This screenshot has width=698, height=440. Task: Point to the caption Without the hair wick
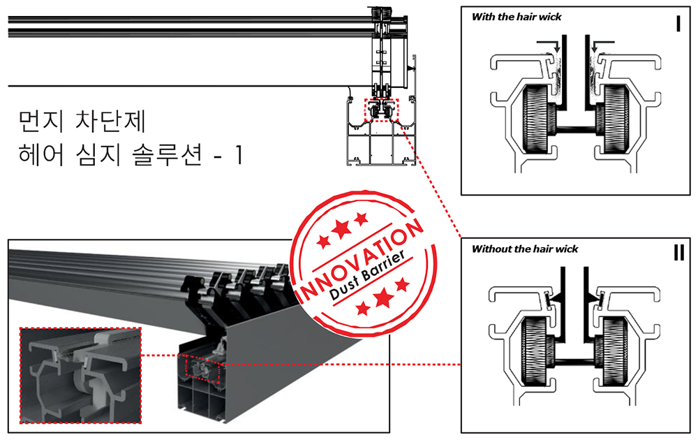525,249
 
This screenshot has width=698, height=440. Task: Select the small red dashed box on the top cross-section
383,110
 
